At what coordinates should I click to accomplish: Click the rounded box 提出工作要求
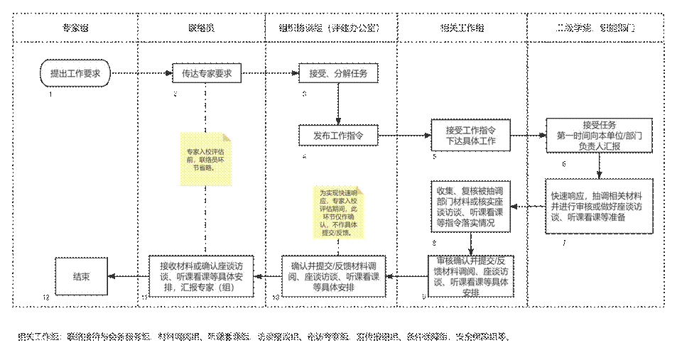tap(75, 73)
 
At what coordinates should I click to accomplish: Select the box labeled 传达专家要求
tap(207, 73)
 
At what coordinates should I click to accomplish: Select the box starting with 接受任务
tap(601, 136)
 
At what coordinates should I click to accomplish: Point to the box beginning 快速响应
tap(601, 206)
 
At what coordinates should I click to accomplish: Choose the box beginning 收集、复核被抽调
tap(470, 206)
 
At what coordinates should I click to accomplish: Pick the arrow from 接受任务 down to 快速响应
tap(601, 165)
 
